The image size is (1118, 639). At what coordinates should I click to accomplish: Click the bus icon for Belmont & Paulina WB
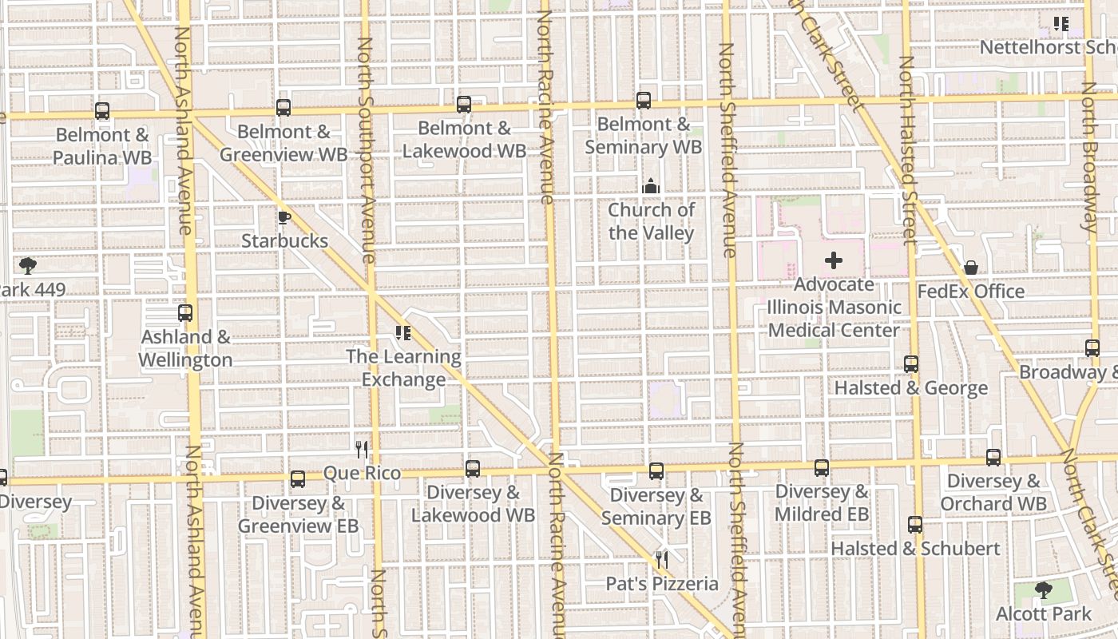click(102, 111)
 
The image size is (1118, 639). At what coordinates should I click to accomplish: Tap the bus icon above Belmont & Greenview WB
click(283, 108)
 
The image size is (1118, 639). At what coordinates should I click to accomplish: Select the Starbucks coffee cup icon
click(283, 217)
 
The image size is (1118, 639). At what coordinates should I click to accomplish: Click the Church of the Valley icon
click(651, 187)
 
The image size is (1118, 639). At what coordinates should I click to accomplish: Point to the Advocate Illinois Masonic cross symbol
click(834, 260)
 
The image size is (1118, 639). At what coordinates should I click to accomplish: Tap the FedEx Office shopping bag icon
click(971, 268)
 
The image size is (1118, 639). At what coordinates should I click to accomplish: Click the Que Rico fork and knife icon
click(362, 450)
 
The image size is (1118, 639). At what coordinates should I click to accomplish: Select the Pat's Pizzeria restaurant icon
click(662, 559)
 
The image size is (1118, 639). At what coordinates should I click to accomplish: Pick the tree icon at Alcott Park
click(1043, 590)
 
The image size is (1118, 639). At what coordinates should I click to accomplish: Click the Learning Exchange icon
click(403, 333)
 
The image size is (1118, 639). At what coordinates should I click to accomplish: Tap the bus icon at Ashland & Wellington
click(185, 313)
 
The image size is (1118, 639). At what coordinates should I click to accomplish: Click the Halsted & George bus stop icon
click(911, 364)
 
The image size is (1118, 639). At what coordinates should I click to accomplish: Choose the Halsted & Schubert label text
click(915, 549)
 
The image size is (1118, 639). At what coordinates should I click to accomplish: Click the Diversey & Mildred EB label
click(822, 502)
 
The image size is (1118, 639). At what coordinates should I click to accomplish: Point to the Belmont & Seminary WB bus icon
click(644, 101)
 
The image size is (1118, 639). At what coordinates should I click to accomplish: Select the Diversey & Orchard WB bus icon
click(993, 458)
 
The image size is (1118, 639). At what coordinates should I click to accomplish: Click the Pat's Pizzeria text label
click(662, 584)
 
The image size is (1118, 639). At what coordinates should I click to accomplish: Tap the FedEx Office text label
click(970, 292)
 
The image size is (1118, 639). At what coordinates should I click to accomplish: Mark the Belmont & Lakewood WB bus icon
click(464, 105)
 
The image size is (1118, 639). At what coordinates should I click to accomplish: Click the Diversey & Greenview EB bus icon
click(298, 479)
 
